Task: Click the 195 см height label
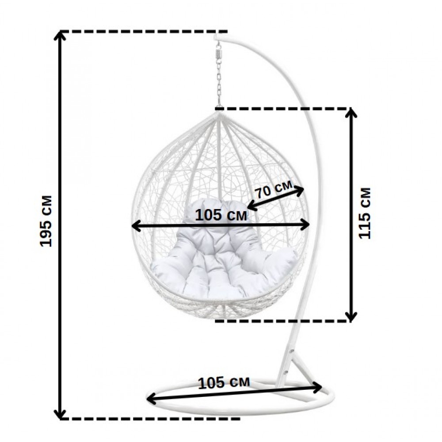[46, 221]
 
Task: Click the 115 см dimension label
[365, 213]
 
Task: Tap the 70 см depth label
[274, 191]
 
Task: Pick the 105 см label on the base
[224, 382]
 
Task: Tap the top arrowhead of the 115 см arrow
[351, 113]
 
